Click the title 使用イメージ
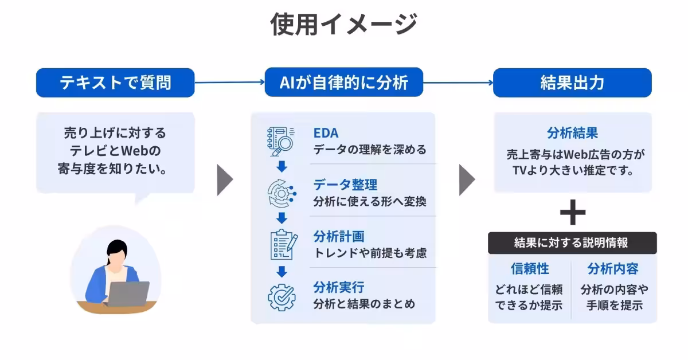click(x=343, y=24)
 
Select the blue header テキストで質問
click(x=115, y=83)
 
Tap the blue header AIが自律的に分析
click(x=344, y=83)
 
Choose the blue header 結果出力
click(x=572, y=83)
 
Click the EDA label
click(x=326, y=134)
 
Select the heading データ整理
click(x=345, y=185)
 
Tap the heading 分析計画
click(x=339, y=236)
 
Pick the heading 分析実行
click(x=339, y=287)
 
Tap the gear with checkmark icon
click(x=282, y=296)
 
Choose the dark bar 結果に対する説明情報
click(x=572, y=242)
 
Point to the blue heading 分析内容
click(x=613, y=269)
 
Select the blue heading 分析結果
click(x=572, y=133)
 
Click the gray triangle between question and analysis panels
click(x=225, y=180)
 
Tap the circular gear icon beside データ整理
click(x=282, y=193)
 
